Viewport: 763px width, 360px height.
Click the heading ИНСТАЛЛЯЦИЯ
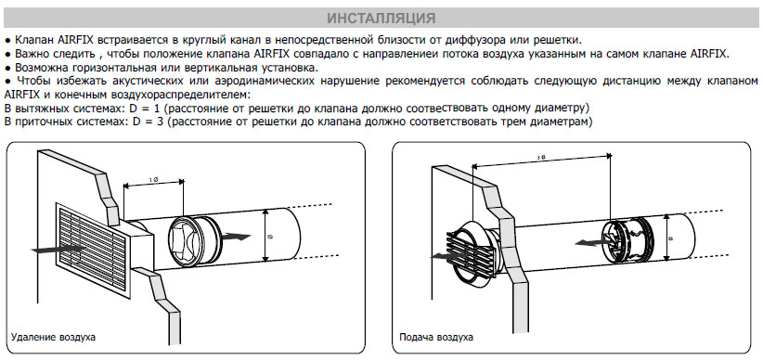[x=381, y=19]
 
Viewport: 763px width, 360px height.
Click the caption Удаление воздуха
[x=53, y=337]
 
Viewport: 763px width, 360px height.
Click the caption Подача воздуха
[x=436, y=337]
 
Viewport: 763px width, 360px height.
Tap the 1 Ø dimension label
[x=153, y=179]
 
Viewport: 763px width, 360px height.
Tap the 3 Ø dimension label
[x=540, y=157]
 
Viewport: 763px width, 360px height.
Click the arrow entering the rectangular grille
[x=58, y=250]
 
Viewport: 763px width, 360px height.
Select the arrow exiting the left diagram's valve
[x=236, y=237]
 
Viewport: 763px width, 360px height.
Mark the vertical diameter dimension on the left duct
[x=265, y=236]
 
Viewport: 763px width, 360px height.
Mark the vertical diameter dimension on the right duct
[x=668, y=239]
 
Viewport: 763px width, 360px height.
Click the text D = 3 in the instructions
[x=149, y=122]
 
